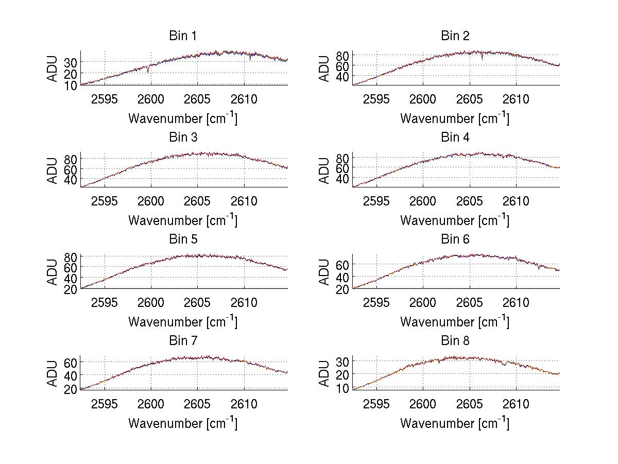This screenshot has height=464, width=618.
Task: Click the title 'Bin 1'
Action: (x=183, y=36)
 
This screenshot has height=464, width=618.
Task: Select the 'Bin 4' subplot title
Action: (x=455, y=138)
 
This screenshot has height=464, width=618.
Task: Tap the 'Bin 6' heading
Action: (x=455, y=239)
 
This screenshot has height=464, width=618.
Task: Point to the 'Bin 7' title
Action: (x=183, y=341)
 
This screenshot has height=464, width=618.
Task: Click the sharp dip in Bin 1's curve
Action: (x=148, y=71)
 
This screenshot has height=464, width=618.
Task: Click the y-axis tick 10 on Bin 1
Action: (x=71, y=84)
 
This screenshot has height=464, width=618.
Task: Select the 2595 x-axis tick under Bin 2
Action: (x=376, y=99)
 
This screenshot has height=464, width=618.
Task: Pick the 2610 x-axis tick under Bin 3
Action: (x=244, y=201)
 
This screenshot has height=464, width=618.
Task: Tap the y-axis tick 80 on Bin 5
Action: (x=71, y=256)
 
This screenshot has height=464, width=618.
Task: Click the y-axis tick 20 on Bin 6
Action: (x=342, y=289)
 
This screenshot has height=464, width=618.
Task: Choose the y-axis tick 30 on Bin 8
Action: (x=342, y=361)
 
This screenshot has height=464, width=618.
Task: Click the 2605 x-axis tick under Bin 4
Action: (x=470, y=201)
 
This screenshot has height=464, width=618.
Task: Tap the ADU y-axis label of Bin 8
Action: (x=324, y=374)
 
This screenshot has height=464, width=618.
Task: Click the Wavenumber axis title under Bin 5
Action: (x=183, y=322)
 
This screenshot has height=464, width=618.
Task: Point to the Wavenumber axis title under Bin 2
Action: (x=455, y=118)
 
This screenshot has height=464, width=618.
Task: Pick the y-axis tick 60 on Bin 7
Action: (x=71, y=362)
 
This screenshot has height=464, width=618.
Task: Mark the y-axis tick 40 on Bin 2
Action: (x=342, y=76)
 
